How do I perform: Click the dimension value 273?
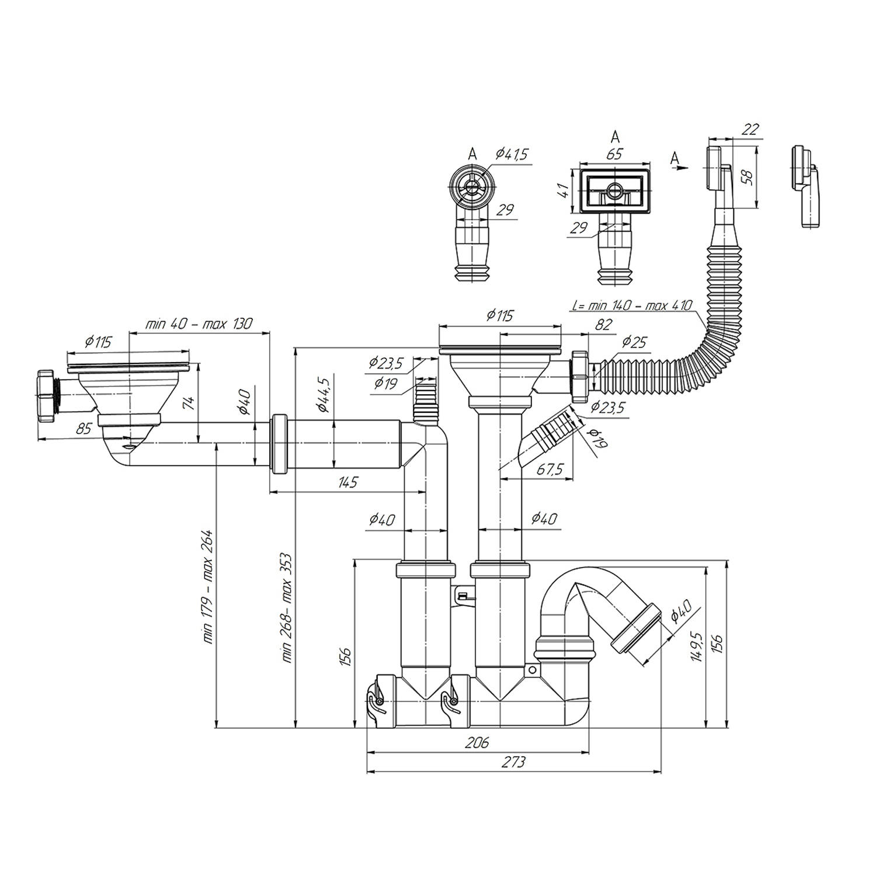(513, 762)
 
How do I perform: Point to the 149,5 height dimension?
(695, 646)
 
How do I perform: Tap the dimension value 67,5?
(550, 468)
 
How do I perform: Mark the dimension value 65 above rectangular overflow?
(614, 155)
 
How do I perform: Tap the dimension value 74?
(189, 403)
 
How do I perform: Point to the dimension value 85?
(84, 429)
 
